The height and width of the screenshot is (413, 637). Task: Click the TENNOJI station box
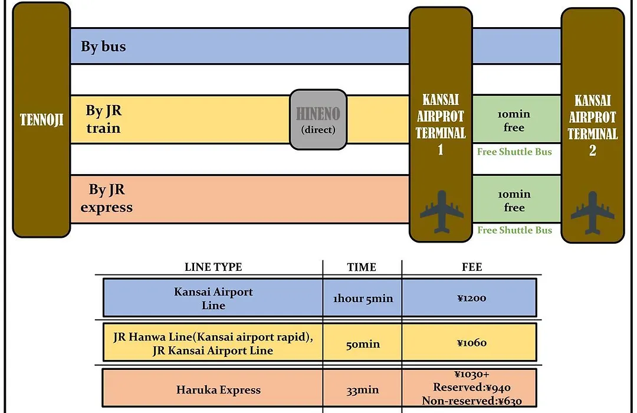41,120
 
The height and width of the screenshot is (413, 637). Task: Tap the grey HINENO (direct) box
318,120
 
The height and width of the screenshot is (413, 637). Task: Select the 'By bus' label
103,47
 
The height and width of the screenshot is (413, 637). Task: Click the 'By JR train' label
104,119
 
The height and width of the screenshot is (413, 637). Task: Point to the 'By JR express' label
106,198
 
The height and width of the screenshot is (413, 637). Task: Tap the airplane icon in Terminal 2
593,212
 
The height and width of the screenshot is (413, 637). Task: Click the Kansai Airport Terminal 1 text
441,124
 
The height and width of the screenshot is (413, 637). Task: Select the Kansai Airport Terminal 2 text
593,125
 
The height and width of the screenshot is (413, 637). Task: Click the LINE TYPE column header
214,267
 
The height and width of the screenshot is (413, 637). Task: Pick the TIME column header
362,267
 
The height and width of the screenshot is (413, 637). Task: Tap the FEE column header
472,267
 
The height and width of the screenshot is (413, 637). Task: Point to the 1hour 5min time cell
363,298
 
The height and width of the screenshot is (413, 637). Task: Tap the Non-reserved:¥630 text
472,401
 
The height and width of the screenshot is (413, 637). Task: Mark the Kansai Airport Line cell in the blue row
214,298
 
